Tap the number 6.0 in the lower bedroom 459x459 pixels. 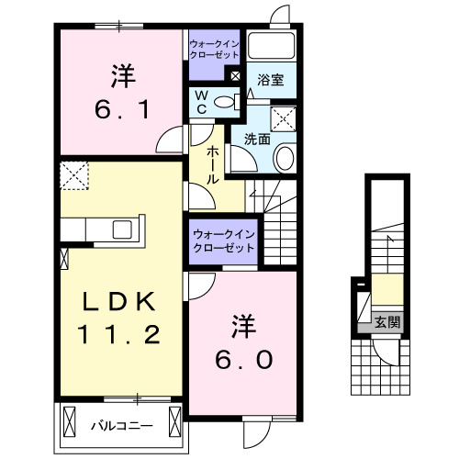(243, 361)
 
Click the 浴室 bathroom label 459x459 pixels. (270, 80)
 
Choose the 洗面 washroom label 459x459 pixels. (257, 140)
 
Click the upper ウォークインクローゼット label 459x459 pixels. (215, 49)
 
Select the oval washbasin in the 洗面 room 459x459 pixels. (284, 158)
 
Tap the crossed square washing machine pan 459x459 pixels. (285, 118)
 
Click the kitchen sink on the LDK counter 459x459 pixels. (121, 229)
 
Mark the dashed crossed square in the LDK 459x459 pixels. (73, 173)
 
